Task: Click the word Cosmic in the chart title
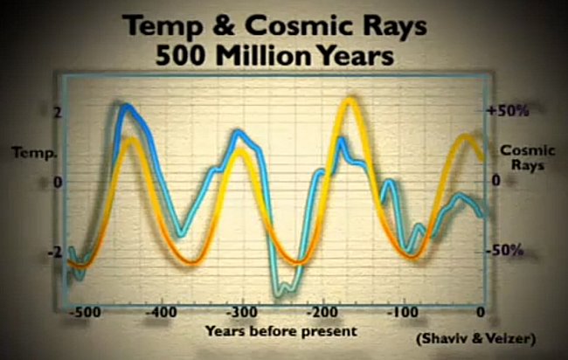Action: [297, 25]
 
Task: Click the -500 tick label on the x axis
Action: [85, 312]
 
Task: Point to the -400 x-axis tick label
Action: [162, 312]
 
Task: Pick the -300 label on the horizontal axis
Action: [241, 312]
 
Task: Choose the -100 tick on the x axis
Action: [403, 312]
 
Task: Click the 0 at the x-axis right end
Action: [481, 312]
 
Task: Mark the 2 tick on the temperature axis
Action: [58, 113]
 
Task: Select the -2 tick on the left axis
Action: [55, 253]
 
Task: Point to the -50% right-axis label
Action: [505, 250]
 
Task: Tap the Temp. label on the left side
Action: [34, 153]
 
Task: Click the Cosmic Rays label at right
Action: [528, 158]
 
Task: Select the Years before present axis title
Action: [281, 331]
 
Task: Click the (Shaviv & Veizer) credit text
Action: [476, 339]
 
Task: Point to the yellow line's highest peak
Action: [350, 100]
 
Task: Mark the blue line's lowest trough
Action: [278, 294]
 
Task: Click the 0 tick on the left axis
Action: [58, 183]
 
